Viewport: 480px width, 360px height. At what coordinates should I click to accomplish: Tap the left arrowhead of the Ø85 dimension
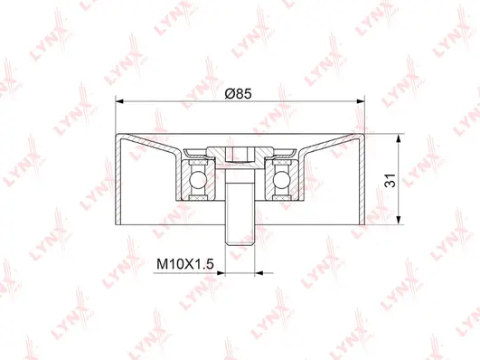coord(120,102)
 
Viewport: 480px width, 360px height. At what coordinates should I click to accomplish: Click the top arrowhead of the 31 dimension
coord(399,138)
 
